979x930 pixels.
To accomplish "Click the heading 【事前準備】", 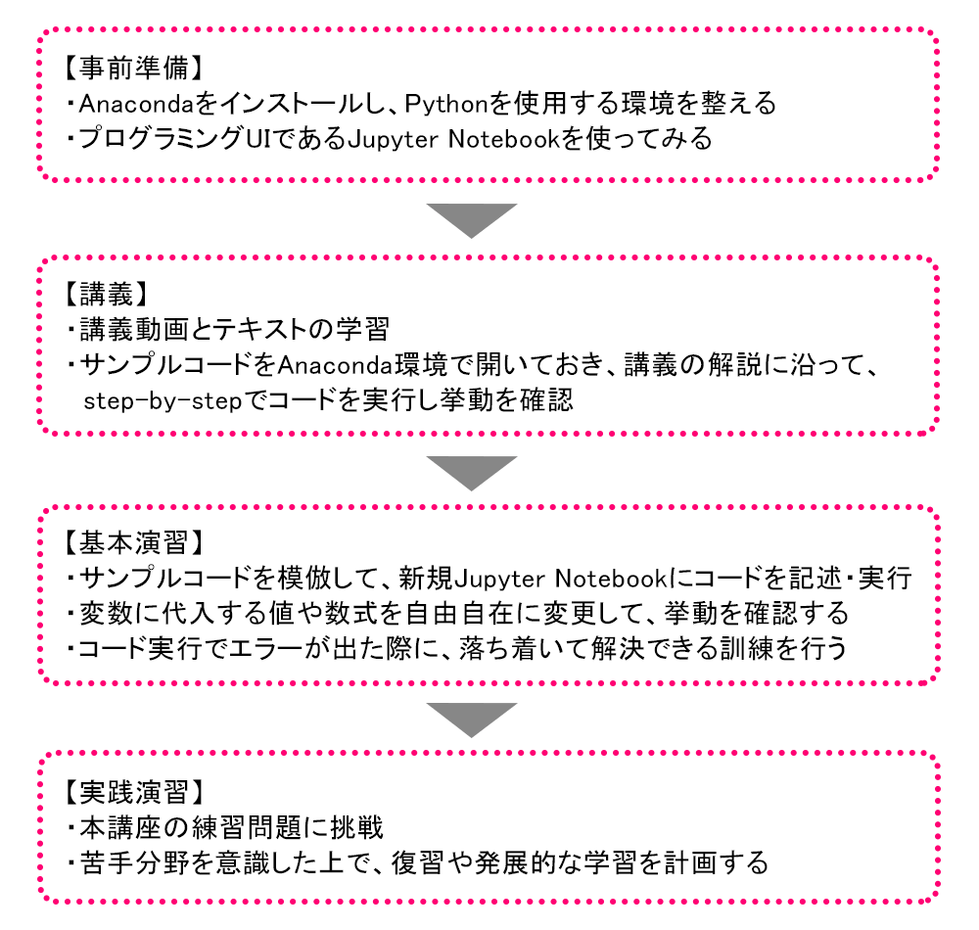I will point(133,70).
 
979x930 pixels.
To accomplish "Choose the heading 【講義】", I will point(106,292).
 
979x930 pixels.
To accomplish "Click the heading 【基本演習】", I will point(133,541).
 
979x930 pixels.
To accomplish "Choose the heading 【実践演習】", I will point(133,790).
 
